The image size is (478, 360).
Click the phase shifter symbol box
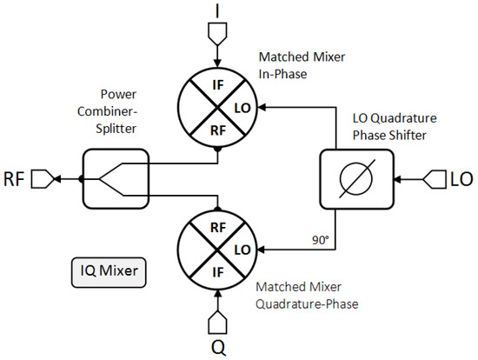(356, 180)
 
